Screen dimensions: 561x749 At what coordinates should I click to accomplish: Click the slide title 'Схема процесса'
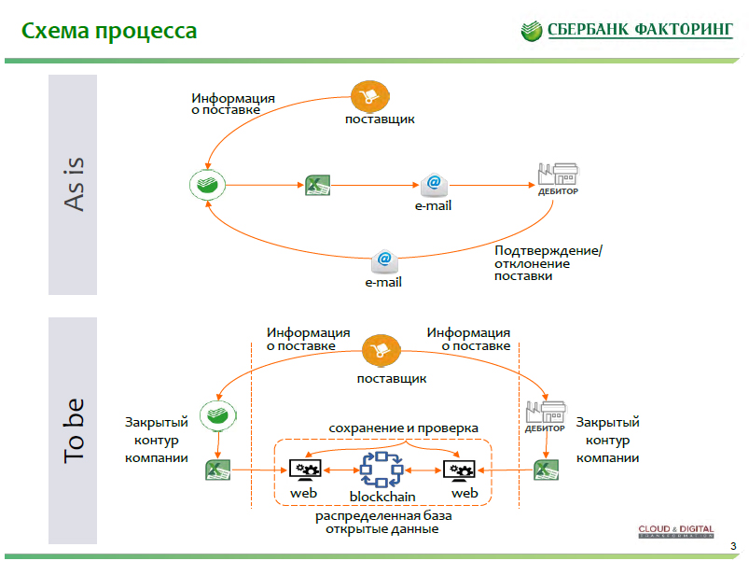[109, 32]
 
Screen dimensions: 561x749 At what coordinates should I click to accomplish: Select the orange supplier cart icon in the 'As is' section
[370, 96]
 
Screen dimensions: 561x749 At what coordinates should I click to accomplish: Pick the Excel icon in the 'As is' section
[318, 184]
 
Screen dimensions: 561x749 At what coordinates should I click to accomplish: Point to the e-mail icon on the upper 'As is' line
[433, 183]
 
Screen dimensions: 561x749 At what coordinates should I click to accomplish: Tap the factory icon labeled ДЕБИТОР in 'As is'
[559, 177]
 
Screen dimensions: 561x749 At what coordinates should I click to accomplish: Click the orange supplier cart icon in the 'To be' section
[381, 352]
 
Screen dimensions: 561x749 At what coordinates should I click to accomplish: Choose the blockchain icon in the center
[381, 469]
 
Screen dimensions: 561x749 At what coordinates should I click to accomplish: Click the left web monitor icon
[305, 470]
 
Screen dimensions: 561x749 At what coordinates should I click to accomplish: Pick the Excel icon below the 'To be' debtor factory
[545, 469]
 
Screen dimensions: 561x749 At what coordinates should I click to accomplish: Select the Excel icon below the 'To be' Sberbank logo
[217, 469]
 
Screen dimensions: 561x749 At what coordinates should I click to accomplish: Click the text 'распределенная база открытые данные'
[382, 523]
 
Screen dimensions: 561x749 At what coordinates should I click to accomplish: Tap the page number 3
[733, 546]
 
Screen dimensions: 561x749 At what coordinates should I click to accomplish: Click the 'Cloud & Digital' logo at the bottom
[676, 533]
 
